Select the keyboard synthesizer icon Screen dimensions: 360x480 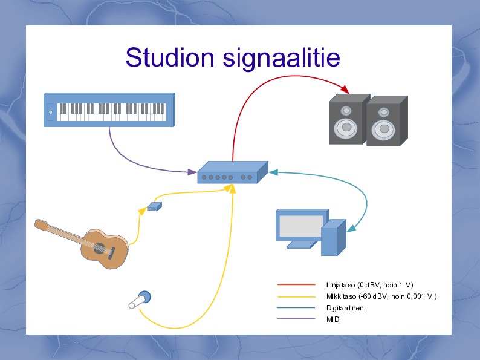(109, 110)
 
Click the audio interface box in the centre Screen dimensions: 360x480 (232, 173)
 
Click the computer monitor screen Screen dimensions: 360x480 (300, 226)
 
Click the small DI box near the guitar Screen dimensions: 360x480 (154, 207)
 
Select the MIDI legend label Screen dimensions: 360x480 (334, 319)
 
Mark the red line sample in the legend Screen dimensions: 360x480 (296, 284)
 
